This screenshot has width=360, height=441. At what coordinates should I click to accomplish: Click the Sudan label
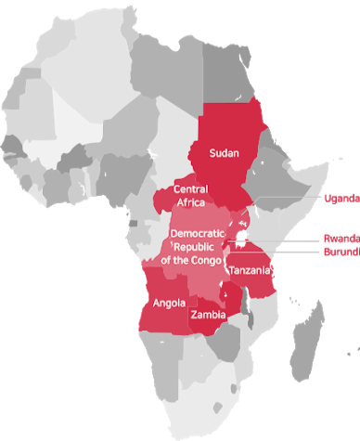(x=225, y=152)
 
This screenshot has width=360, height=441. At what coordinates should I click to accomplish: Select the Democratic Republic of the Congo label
(x=196, y=246)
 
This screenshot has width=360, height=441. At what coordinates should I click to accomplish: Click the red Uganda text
(x=341, y=198)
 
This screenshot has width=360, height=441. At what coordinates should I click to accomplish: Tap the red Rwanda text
(x=341, y=237)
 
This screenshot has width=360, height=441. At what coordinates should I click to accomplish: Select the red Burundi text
(x=341, y=251)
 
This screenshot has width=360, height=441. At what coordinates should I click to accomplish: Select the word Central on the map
(x=191, y=189)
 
